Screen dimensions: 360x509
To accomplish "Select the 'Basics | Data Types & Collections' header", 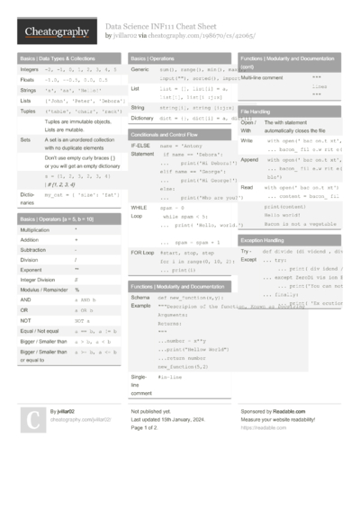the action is click(55, 57).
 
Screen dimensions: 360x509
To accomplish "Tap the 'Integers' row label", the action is click(29, 68).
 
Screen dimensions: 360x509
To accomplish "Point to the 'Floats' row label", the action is click(27, 79).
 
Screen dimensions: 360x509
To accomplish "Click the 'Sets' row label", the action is click(26, 140).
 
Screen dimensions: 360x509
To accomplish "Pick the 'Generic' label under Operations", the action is click(139, 68).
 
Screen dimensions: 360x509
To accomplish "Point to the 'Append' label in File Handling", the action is click(250, 159).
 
